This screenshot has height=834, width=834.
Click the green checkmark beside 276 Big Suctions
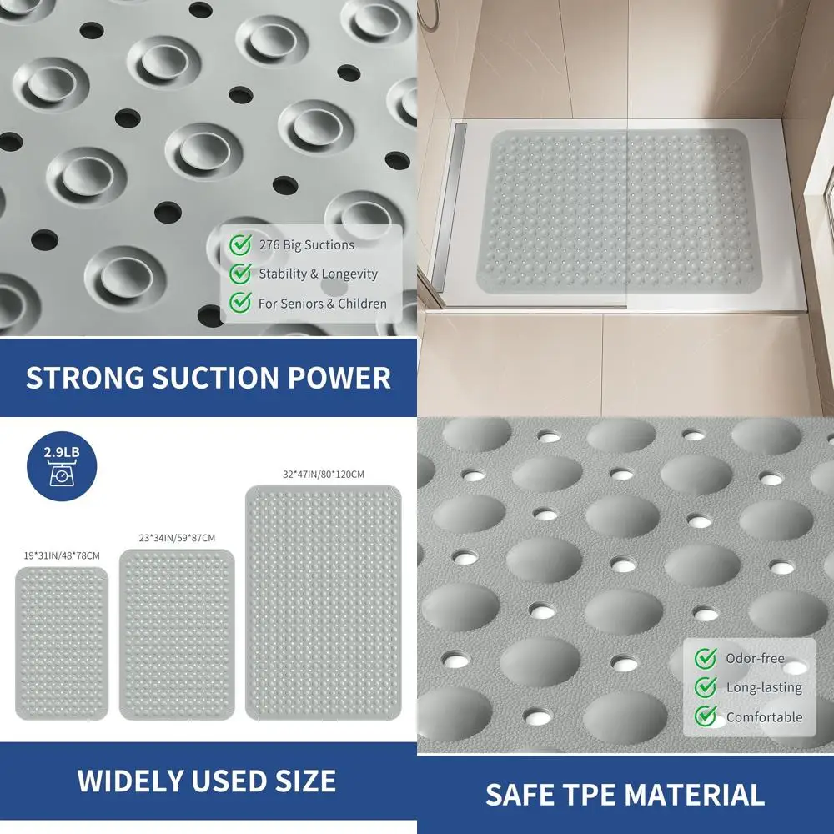tap(241, 244)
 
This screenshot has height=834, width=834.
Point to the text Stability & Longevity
tap(318, 274)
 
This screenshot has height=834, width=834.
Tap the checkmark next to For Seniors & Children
tap(241, 303)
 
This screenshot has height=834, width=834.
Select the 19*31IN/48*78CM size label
tap(62, 555)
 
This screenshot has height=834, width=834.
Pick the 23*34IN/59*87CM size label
tap(177, 538)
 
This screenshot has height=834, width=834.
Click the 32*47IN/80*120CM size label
tap(323, 474)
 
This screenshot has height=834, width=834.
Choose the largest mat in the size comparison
tap(323, 602)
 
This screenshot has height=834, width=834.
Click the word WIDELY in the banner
tap(130, 781)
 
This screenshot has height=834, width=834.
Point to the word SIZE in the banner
tap(302, 781)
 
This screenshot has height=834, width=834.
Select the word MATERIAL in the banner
tap(699, 794)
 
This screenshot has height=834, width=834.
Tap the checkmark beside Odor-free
tap(706, 658)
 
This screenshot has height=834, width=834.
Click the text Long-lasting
tap(763, 687)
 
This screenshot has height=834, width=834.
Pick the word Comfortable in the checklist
tap(764, 716)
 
